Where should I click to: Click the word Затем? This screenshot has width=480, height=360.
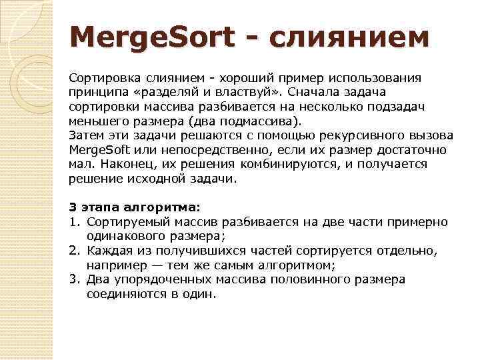click(x=85, y=135)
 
